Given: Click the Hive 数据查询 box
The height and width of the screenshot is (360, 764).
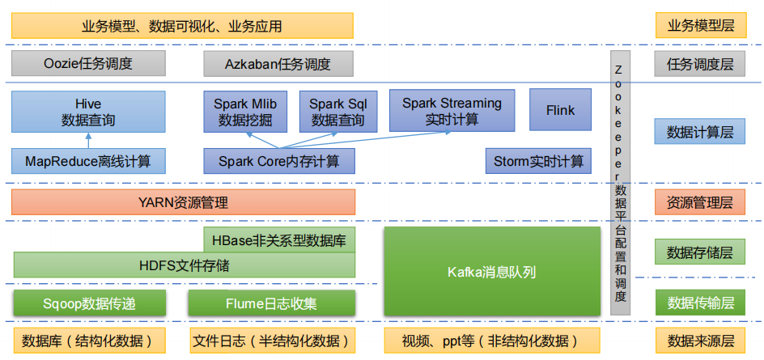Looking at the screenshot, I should [x=88, y=112].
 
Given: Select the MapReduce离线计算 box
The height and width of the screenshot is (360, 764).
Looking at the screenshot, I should [x=88, y=161].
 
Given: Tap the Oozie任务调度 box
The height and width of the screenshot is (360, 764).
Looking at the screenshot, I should [x=88, y=63].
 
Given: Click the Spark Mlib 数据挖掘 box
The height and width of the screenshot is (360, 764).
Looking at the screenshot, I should [x=245, y=112].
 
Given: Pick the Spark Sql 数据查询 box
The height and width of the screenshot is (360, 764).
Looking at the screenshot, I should [x=337, y=112].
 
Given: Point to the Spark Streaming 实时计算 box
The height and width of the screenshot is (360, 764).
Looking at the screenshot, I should [x=452, y=111].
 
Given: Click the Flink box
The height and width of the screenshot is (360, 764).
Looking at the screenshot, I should [x=560, y=110].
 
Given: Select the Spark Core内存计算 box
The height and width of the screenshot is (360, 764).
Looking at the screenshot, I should [x=278, y=161].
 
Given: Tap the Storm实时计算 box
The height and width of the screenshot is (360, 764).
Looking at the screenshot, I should [x=538, y=161].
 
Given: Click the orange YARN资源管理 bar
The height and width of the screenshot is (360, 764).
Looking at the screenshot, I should [x=184, y=202].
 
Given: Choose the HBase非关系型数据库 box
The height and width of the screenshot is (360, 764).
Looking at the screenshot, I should [x=278, y=239].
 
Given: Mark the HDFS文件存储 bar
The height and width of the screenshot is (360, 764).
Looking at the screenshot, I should [x=184, y=265].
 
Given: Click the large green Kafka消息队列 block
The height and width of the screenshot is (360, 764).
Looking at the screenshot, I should [x=491, y=271].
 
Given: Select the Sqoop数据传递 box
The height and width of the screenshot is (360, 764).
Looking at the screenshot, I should [x=89, y=303].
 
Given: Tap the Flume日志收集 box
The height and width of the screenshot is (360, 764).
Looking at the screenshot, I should [x=271, y=303].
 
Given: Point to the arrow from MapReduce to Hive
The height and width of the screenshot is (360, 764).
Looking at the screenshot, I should [x=88, y=140].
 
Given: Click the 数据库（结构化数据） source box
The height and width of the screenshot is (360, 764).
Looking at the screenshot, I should [x=88, y=339].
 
